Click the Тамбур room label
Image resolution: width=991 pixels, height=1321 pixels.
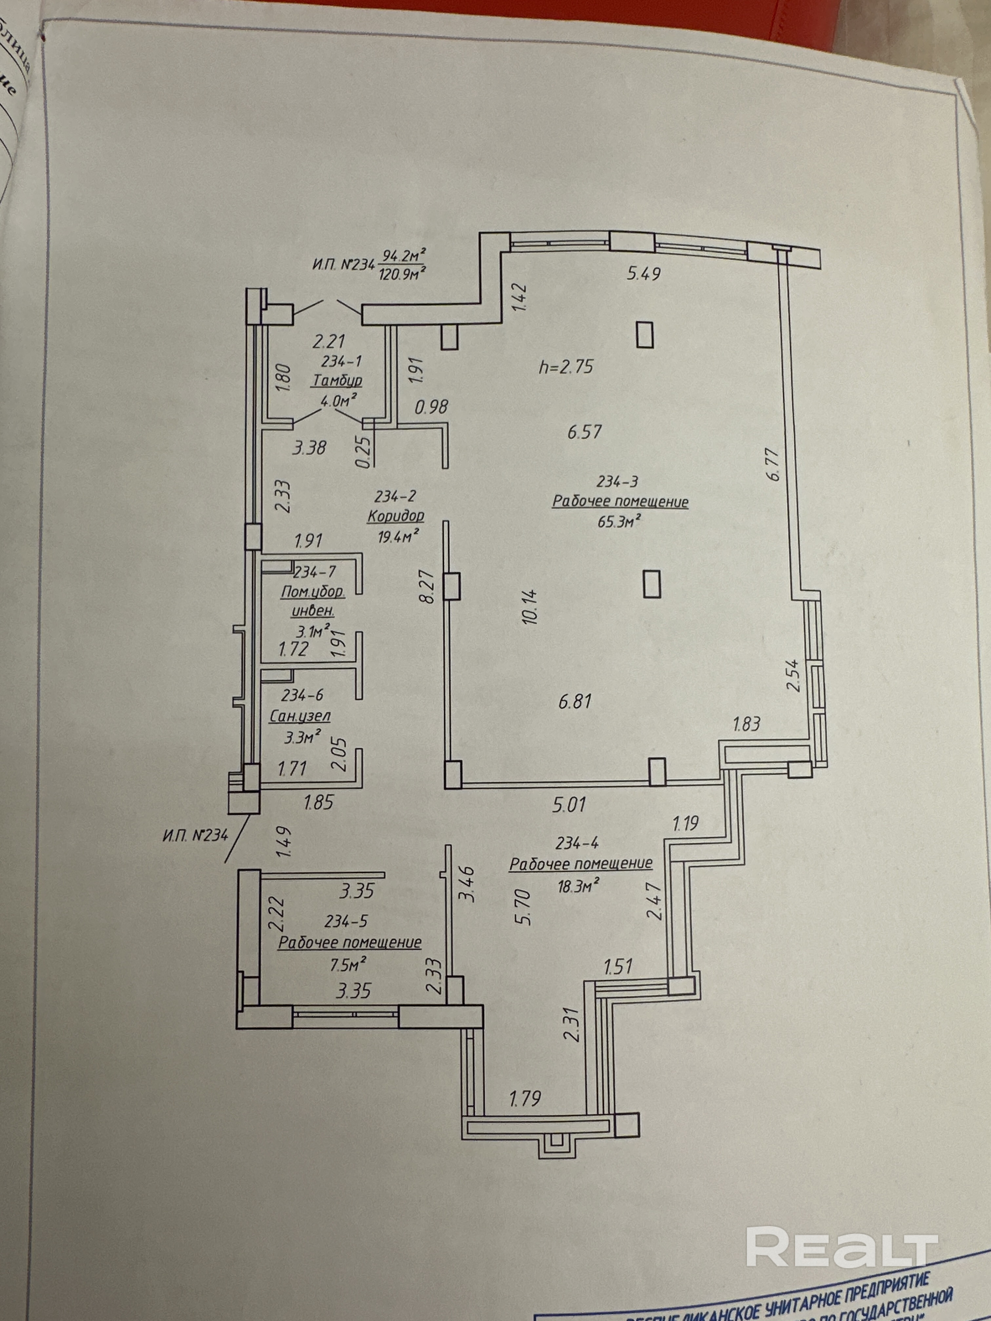(337, 380)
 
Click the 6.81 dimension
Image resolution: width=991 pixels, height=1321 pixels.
(575, 701)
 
